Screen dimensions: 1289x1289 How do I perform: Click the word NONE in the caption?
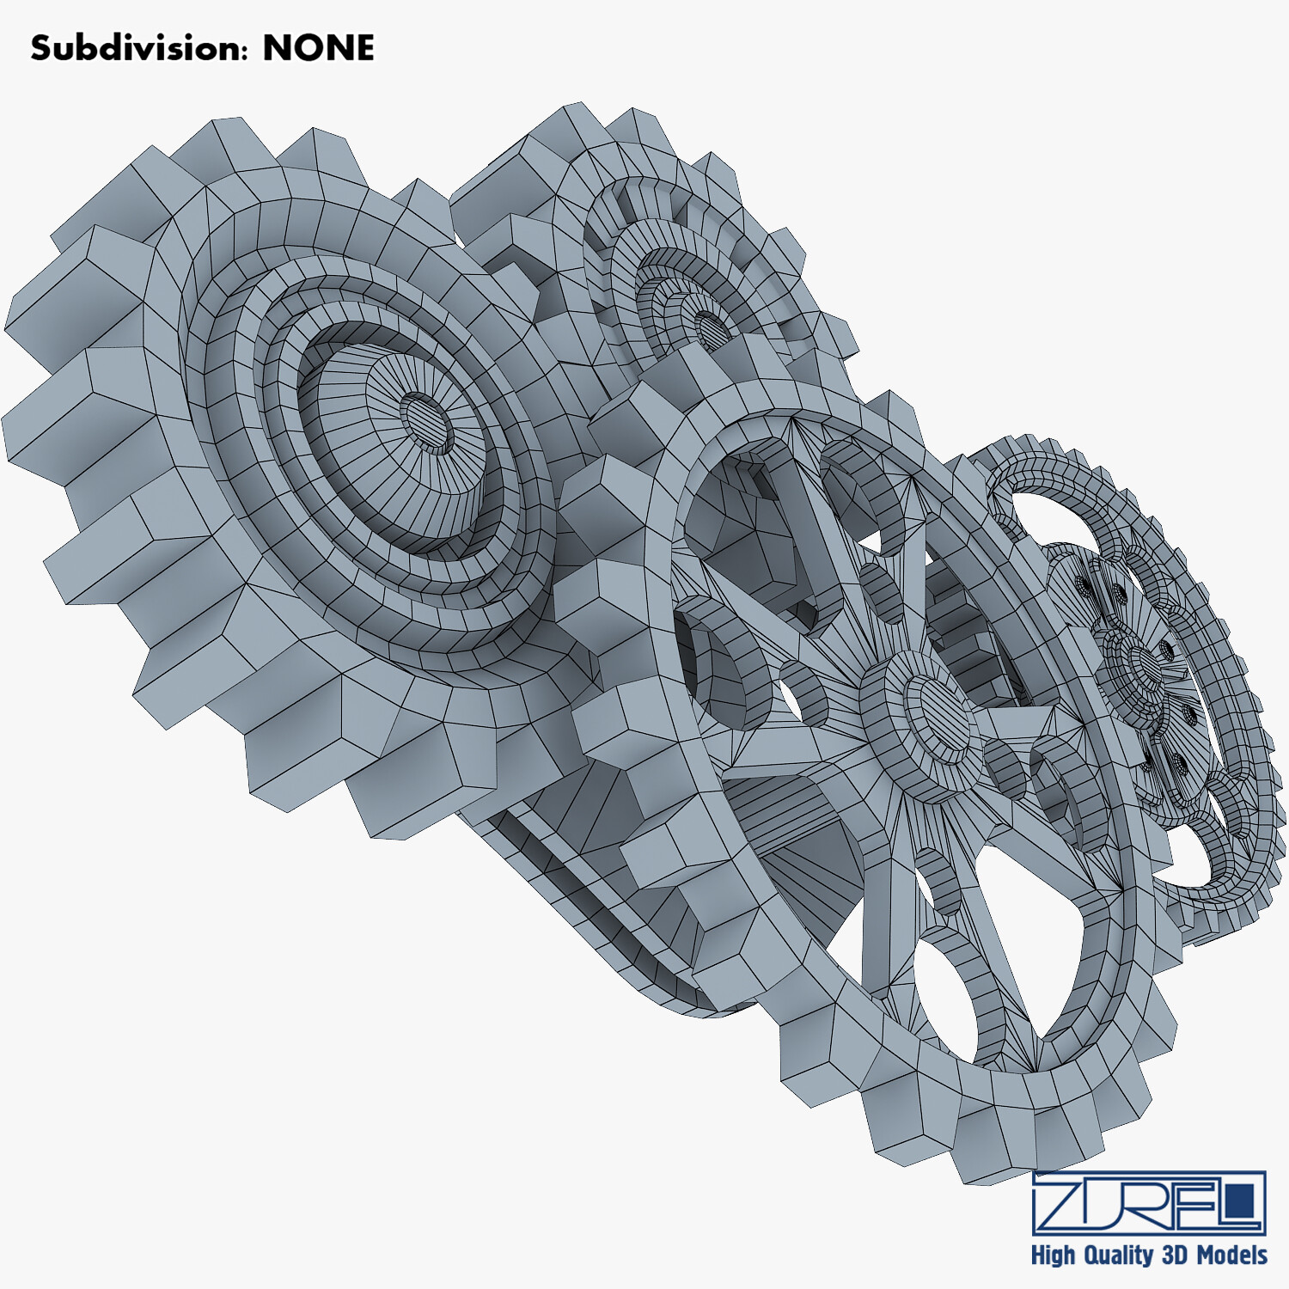pyautogui.click(x=318, y=48)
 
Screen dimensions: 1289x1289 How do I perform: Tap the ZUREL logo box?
pyautogui.click(x=1149, y=1202)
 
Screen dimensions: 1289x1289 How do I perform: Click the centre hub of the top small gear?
pyautogui.click(x=710, y=328)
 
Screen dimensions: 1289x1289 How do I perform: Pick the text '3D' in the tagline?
pyautogui.click(x=1176, y=1255)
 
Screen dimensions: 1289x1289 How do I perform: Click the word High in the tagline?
pyautogui.click(x=1053, y=1255)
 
